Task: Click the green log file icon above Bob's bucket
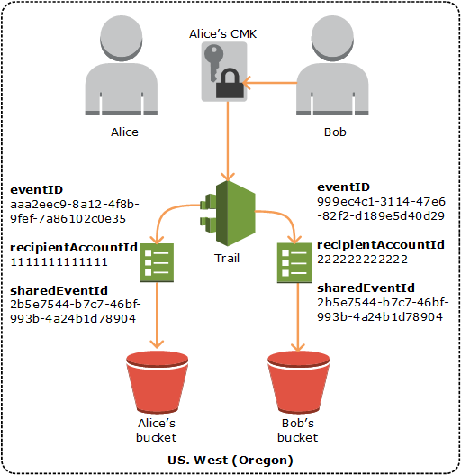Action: [294, 263]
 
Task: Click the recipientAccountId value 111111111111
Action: [59, 261]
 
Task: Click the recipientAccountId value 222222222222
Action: [362, 259]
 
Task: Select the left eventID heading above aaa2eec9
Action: [36, 190]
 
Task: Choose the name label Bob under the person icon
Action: [334, 132]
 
